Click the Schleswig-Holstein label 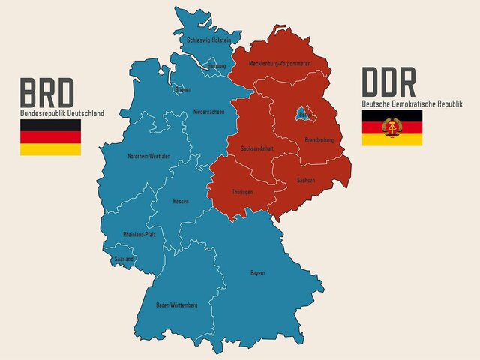209,40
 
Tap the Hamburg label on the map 217,66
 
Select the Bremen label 182,90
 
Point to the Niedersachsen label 208,112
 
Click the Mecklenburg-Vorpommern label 279,63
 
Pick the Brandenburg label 319,140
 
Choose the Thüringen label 241,192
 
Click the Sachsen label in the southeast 305,181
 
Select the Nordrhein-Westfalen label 149,156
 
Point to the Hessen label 180,201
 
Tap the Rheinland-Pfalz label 139,235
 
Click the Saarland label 123,259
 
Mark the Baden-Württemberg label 177,305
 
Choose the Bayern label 257,272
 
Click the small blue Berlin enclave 301,112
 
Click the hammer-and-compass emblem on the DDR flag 391,127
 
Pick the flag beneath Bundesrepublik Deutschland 50,137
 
